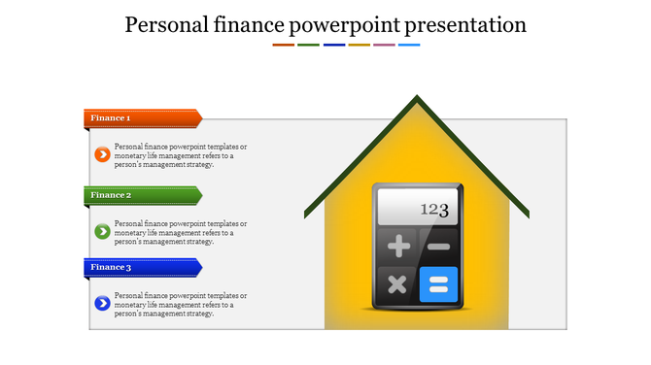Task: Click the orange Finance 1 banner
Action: coord(142,118)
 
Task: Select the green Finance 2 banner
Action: coord(142,195)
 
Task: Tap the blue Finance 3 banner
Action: coord(142,267)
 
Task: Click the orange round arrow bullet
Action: coord(101,154)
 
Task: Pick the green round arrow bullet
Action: coord(101,231)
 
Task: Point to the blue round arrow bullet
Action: coord(101,304)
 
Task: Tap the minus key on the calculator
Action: coord(438,247)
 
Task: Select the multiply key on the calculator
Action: coord(397,284)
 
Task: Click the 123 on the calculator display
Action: coord(434,209)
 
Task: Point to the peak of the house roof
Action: coord(417,98)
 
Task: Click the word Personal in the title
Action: coord(167,25)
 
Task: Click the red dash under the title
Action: coord(283,45)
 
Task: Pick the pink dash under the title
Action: coord(384,45)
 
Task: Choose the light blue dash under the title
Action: coord(409,45)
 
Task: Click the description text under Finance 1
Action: coord(180,155)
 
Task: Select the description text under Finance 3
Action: coord(180,305)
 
